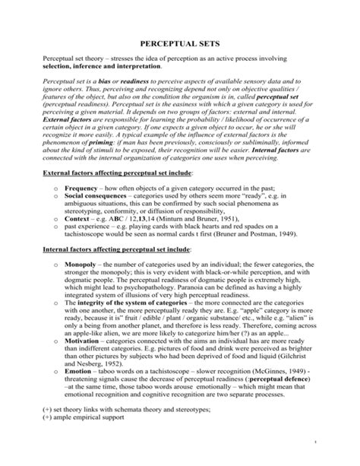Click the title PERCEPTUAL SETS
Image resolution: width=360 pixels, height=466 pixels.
tap(180, 46)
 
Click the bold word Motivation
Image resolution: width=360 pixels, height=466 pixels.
tap(86, 342)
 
